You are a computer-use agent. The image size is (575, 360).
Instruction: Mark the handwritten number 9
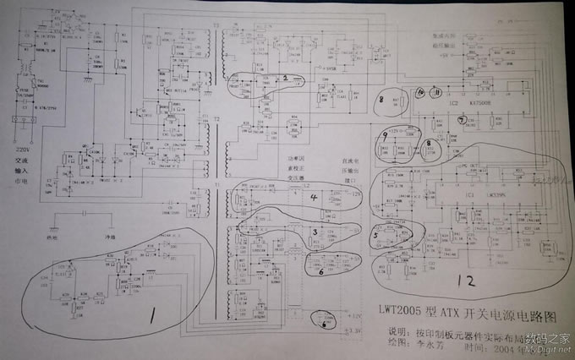(385, 134)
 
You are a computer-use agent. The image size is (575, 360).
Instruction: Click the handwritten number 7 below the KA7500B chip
(462, 119)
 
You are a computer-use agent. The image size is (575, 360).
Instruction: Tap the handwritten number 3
(315, 230)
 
